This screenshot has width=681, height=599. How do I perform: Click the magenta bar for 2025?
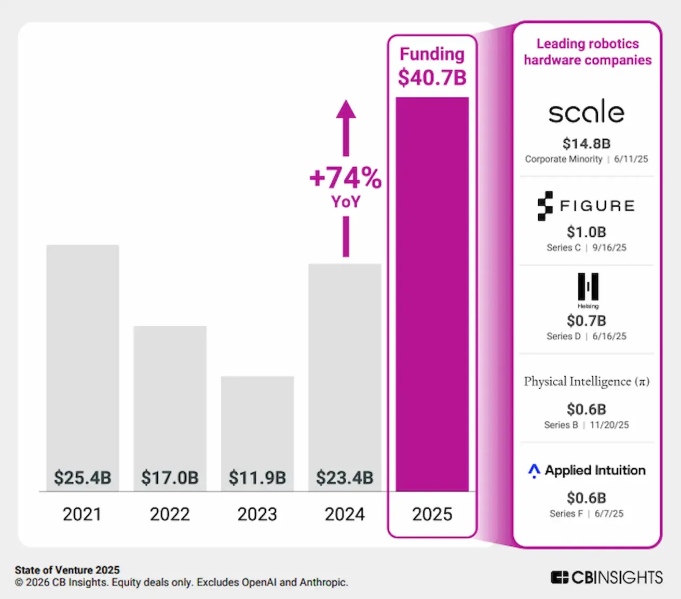point(432,294)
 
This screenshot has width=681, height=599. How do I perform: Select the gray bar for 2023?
point(257,426)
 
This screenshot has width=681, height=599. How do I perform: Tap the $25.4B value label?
point(83,477)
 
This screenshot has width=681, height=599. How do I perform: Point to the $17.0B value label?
point(170,477)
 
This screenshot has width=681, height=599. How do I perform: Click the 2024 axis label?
point(345,514)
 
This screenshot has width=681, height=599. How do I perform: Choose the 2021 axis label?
point(82,514)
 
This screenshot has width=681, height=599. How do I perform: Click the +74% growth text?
point(346,178)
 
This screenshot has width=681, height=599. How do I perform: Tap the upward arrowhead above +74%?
point(346,110)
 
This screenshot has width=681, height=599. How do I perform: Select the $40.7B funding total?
point(432,78)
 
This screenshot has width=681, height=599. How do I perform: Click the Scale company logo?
point(587,112)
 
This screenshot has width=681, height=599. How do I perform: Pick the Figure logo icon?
point(545,206)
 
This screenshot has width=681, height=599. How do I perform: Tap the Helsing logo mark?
point(588,287)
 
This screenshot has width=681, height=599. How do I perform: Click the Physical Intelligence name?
point(586,382)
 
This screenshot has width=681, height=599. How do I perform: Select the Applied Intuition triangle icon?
point(534,471)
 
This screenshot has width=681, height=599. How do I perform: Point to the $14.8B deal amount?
point(587,143)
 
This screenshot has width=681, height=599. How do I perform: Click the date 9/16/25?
point(609,248)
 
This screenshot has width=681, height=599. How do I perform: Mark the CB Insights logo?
point(606,577)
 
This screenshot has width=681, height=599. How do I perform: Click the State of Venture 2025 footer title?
point(67,570)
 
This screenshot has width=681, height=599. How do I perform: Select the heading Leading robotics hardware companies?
point(588,52)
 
